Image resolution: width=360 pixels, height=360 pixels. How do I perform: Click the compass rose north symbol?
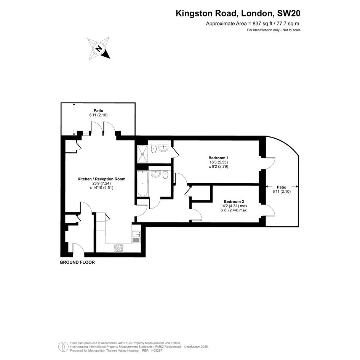pyautogui.click(x=99, y=49)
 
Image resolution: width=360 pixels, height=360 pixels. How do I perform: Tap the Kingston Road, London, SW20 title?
pyautogui.click(x=238, y=13)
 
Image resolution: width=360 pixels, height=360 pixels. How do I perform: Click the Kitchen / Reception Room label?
pyautogui.click(x=101, y=179)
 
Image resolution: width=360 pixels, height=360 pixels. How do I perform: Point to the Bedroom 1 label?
pyautogui.click(x=218, y=158)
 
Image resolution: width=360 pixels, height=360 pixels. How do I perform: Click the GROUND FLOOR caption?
pyautogui.click(x=77, y=262)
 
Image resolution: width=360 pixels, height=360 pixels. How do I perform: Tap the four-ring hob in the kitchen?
pyautogui.click(x=118, y=248)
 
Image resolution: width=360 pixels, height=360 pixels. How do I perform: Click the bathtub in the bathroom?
pyautogui.click(x=142, y=184)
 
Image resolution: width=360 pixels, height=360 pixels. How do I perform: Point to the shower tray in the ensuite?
pyautogui.click(x=142, y=154)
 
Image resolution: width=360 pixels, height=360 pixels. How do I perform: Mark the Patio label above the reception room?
pyautogui.click(x=98, y=110)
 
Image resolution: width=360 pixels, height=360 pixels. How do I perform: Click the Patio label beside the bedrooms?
pyautogui.click(x=282, y=187)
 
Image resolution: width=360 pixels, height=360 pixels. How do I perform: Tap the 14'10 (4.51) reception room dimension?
pyautogui.click(x=101, y=187)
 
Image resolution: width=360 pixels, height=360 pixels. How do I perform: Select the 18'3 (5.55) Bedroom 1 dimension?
pyautogui.click(x=218, y=162)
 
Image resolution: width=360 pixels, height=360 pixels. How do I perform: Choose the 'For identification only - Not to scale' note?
pyautogui.click(x=274, y=30)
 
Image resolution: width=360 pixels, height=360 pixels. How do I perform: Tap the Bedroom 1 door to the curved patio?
pyautogui.click(x=270, y=164)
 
